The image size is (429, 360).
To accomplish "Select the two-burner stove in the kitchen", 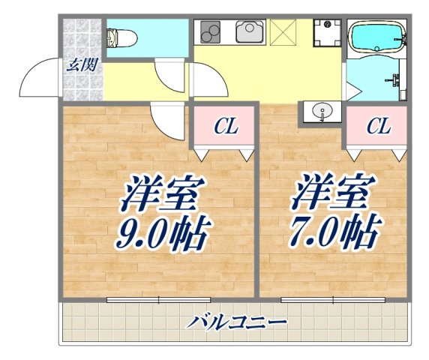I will pyautogui.click(x=209, y=32).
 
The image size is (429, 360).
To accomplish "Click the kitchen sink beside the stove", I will pyautogui.click(x=248, y=32).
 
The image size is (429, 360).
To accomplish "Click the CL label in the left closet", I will pyautogui.click(x=226, y=127).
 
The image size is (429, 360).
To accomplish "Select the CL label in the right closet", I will pyautogui.click(x=378, y=127).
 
